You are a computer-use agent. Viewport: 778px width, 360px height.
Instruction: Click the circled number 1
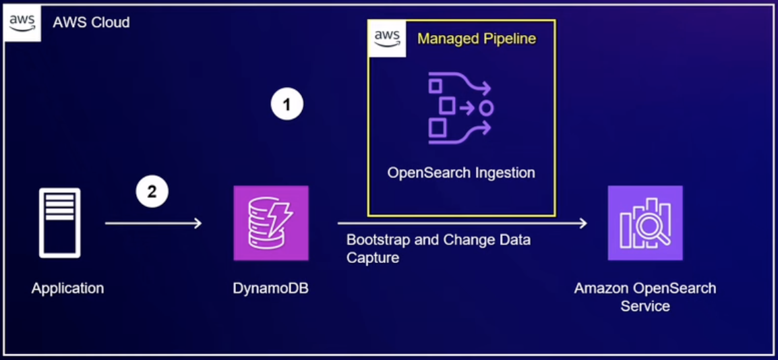pos(287,104)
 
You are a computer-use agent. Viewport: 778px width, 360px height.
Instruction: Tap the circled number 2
pos(152,191)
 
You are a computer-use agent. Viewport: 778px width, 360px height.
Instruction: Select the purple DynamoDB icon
pos(271,223)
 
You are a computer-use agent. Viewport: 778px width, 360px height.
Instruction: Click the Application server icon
pos(59,223)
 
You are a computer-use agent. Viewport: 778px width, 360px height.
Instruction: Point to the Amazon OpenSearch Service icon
pos(645,223)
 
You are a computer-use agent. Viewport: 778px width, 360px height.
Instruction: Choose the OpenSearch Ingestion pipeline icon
pos(461,108)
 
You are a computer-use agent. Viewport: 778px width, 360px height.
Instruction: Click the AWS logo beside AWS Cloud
pos(22,22)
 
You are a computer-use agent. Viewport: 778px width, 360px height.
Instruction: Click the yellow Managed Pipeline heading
pos(477,38)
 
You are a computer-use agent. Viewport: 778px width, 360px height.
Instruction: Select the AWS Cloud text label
pos(92,22)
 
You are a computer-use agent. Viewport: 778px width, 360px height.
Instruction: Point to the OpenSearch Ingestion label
pos(461,173)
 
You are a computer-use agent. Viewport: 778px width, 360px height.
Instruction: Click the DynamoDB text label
pos(270,289)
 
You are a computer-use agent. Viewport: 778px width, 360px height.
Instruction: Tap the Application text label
pos(67,289)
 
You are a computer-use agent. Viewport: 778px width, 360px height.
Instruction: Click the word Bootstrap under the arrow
pos(374,240)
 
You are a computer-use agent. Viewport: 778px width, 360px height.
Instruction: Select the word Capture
pos(372,258)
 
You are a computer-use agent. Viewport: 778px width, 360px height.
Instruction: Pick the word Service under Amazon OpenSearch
pos(645,306)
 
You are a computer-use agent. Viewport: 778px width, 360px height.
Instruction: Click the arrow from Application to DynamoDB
pos(153,223)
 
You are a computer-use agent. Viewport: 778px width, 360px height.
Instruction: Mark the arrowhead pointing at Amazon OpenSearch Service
pos(582,223)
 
